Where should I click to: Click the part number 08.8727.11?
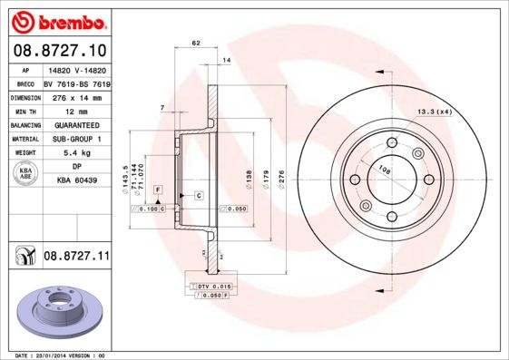[x=76, y=258]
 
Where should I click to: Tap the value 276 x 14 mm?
[x=75, y=96]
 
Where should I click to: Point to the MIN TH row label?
[x=24, y=110]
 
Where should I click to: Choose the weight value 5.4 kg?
[x=75, y=153]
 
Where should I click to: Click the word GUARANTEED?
[x=75, y=124]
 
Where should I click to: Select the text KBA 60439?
[x=75, y=181]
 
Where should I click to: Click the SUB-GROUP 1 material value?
[x=75, y=139]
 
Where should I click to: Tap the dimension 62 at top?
[x=196, y=43]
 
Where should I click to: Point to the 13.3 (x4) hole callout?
[x=435, y=112]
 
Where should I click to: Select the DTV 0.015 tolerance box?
[x=215, y=287]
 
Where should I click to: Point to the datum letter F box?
[x=157, y=189]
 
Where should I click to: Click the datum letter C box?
[x=197, y=196]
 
